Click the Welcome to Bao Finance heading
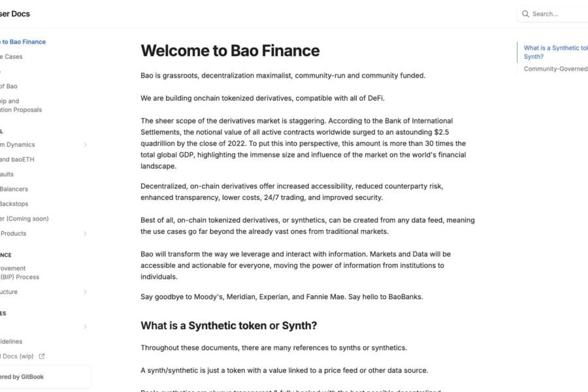[230, 50]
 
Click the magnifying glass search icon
[525, 14]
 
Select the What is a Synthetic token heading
[229, 325]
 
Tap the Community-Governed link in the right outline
[555, 69]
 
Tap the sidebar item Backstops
[14, 204]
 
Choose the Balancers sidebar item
[14, 189]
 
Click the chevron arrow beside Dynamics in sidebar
[85, 144]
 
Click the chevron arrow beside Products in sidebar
[85, 233]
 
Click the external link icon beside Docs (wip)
[42, 356]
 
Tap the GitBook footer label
[23, 376]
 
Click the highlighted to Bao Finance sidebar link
[23, 42]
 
